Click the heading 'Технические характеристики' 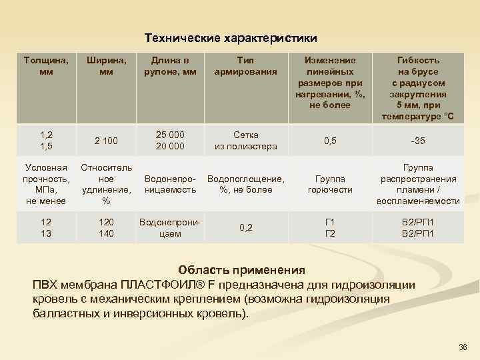231,37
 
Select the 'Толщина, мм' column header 45,66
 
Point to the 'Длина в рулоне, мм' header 170,66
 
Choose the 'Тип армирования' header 245,66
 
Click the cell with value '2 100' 106,141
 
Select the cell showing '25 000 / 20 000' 170,141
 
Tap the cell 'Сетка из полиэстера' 245,141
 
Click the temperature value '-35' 418,141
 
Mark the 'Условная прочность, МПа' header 45,184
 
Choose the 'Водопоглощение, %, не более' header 245,184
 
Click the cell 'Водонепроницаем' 170,227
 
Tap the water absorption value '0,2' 245,227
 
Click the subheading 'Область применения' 241,270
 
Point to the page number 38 464,348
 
